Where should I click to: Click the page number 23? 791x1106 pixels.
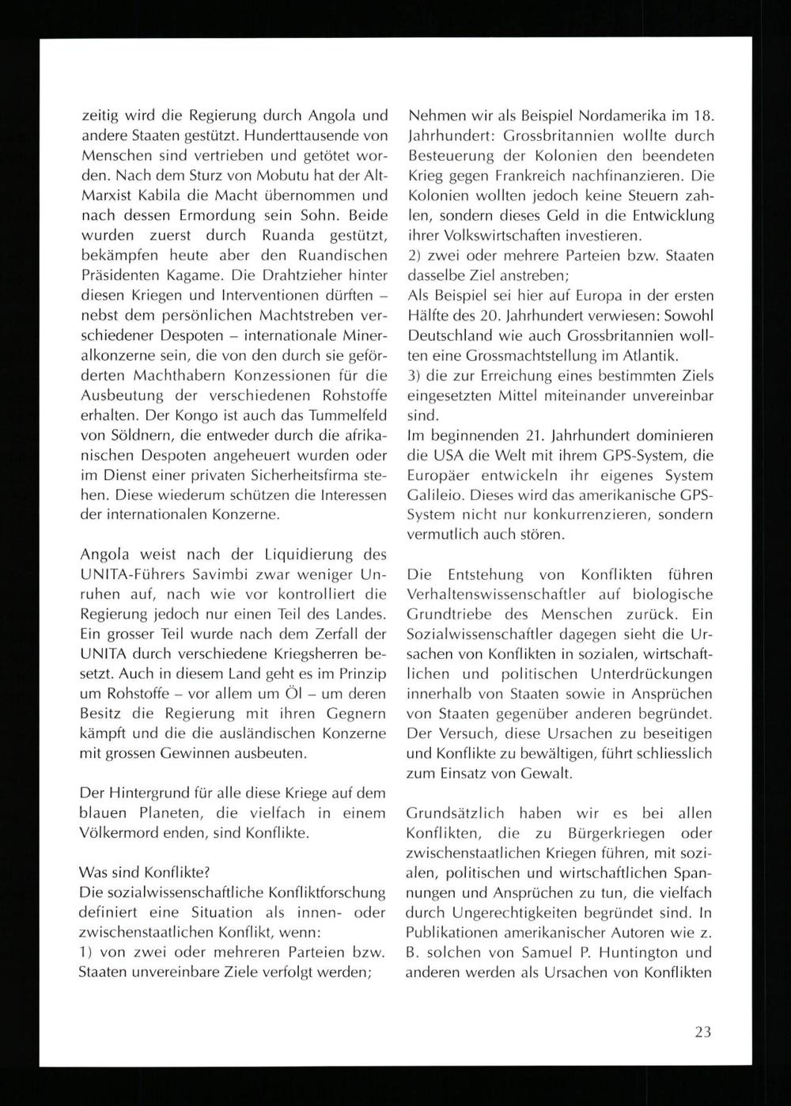point(703,1032)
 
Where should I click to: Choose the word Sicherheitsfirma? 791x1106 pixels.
point(305,475)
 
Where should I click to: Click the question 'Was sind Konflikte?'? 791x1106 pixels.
point(145,873)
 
